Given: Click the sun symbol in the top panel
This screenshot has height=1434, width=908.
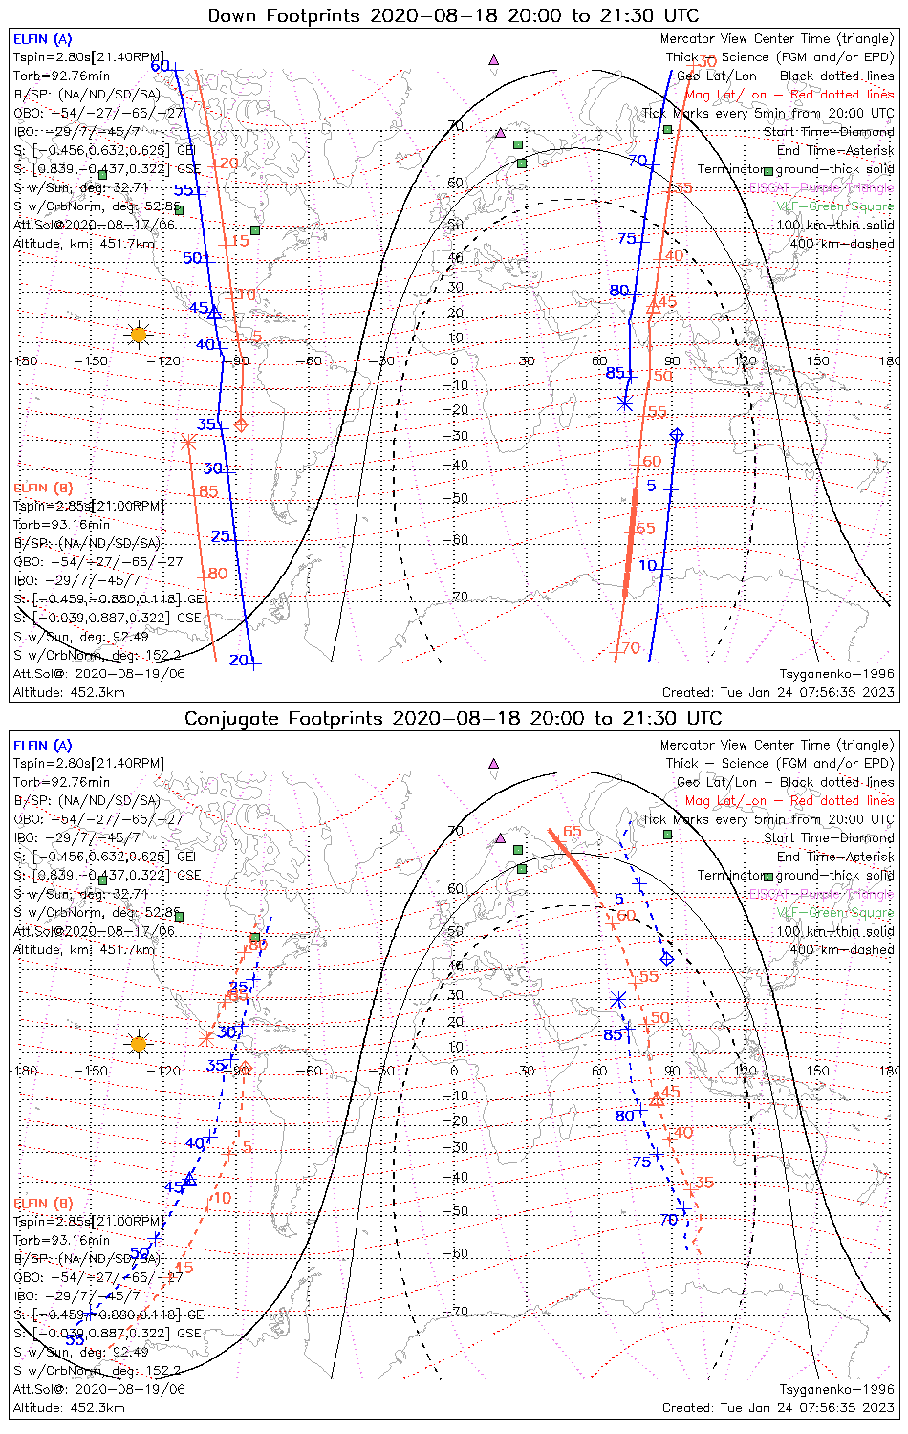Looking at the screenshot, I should [x=139, y=335].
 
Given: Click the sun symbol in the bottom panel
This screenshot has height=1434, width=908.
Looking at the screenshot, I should [x=139, y=1043].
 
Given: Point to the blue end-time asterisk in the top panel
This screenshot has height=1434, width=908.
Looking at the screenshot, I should [x=625, y=402].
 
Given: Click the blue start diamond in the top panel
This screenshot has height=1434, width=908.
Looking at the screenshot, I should [x=677, y=435].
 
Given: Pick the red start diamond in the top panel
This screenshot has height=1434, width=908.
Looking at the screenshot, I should [x=241, y=424].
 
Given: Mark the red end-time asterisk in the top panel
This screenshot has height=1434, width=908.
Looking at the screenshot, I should [x=188, y=442].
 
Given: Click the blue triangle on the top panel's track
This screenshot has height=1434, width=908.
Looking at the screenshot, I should [x=214, y=313].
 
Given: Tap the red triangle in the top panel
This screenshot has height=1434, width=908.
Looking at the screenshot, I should [x=654, y=307].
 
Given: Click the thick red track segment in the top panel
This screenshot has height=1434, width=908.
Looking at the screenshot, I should [x=630, y=542].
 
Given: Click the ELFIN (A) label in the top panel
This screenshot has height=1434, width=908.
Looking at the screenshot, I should [x=42, y=39].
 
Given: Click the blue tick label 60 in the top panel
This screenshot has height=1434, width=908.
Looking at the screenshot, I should [x=161, y=66].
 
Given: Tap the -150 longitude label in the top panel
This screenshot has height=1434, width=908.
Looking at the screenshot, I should [x=96, y=361].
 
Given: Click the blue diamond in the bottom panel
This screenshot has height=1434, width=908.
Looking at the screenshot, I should [x=667, y=958].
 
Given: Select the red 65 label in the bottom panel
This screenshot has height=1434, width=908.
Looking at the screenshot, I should [x=572, y=831].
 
